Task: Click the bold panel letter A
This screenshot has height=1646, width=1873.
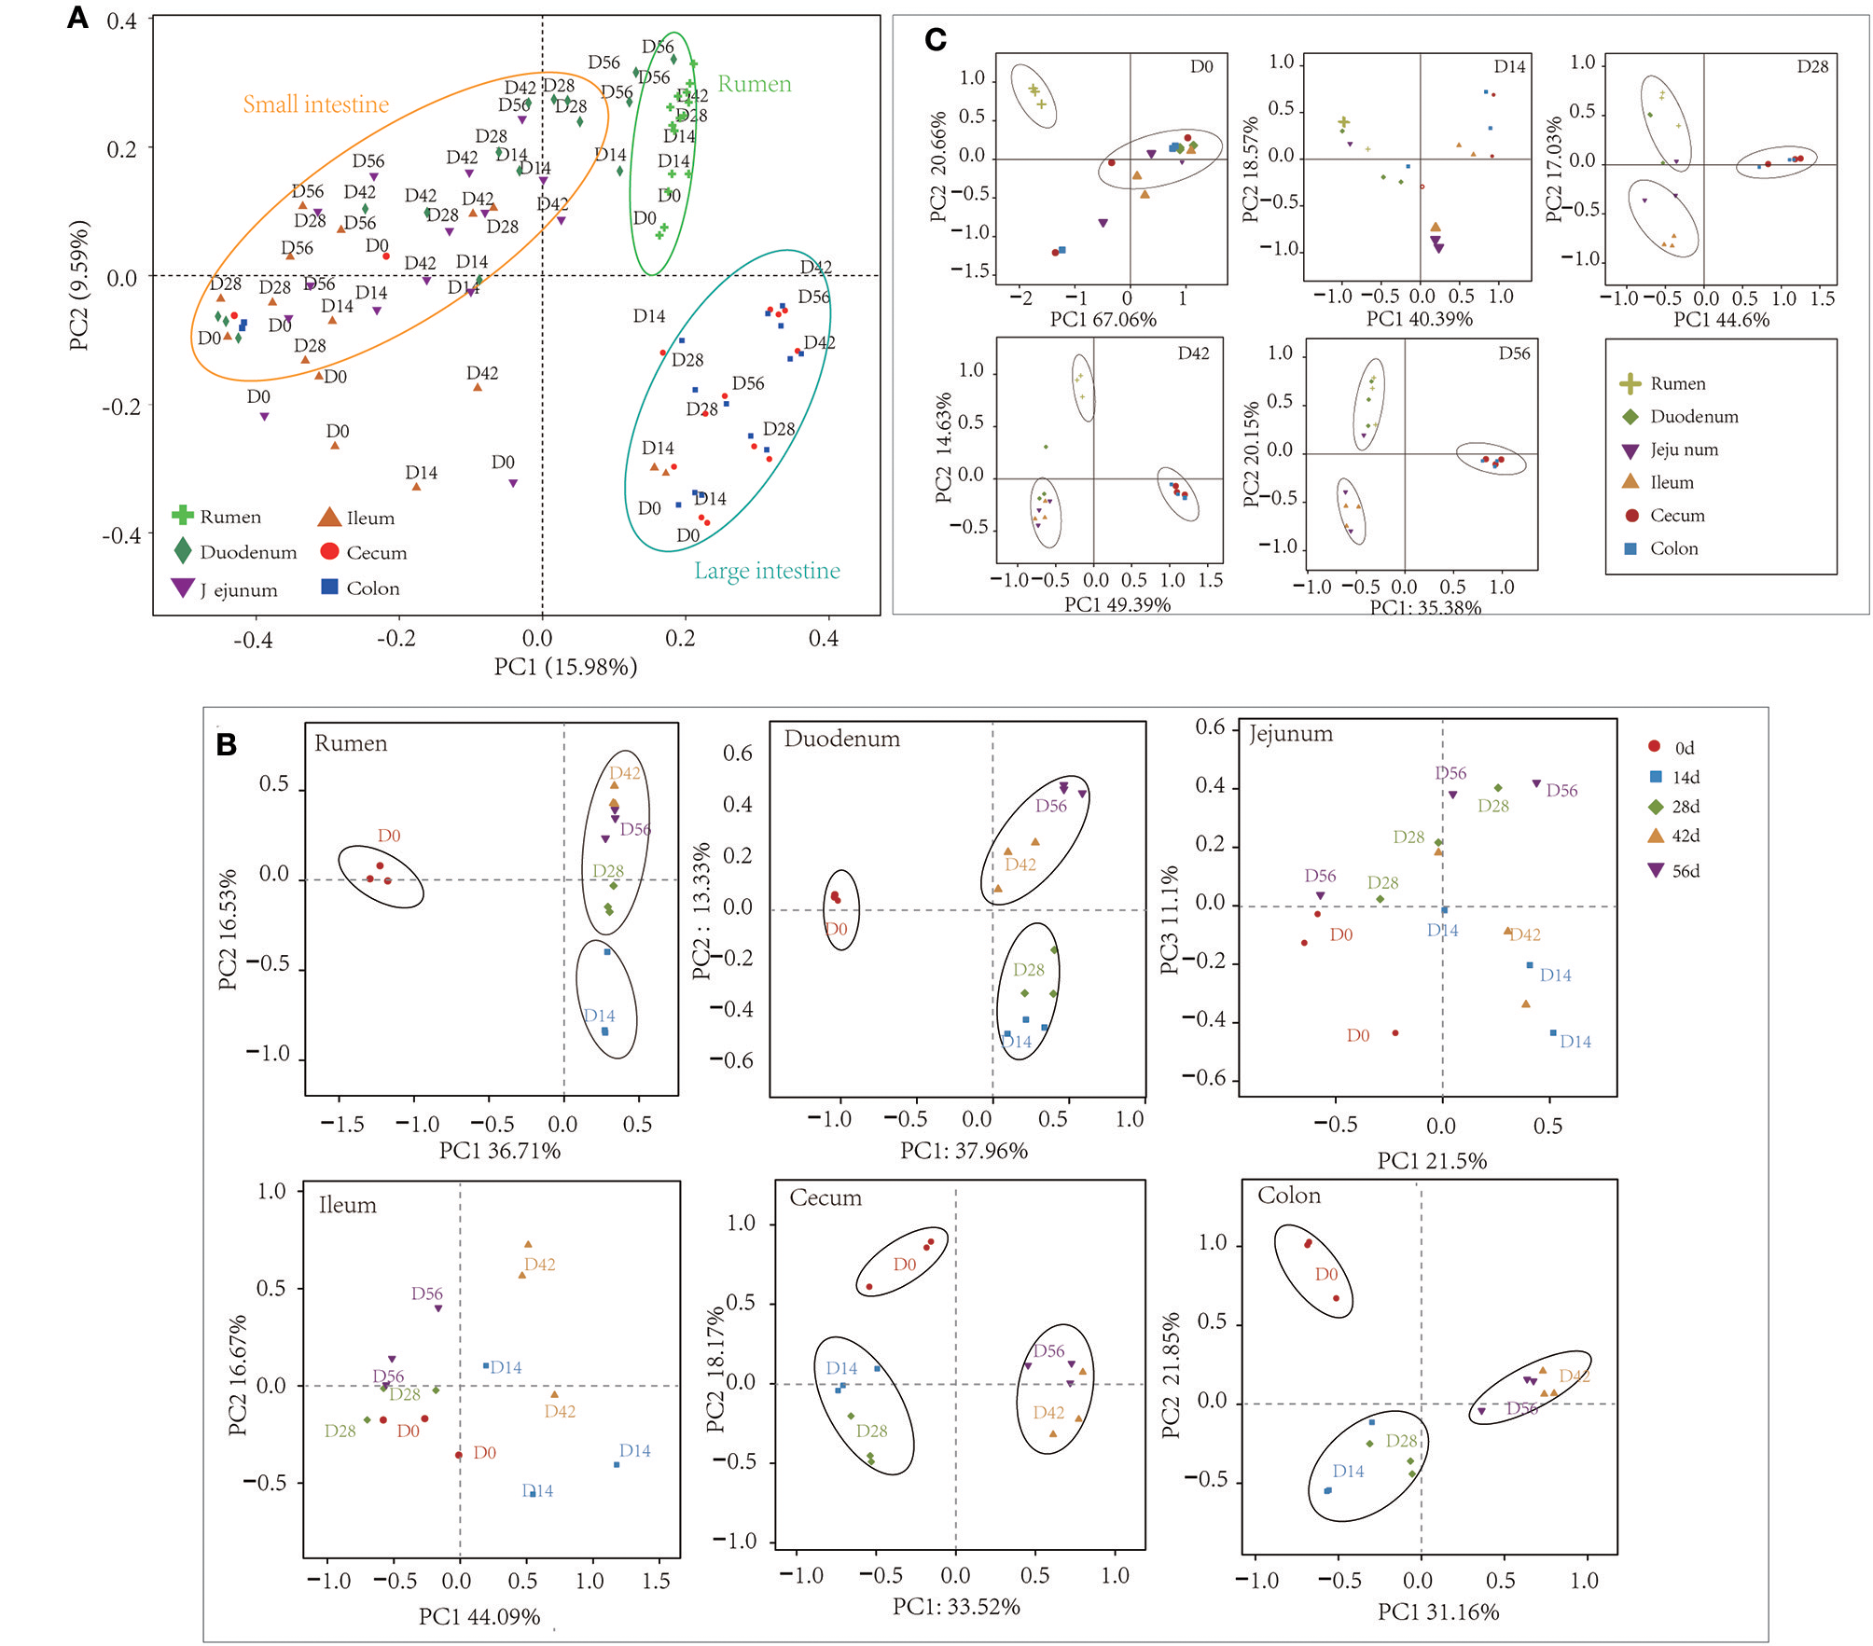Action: [78, 18]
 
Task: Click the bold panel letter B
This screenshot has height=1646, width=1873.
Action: [226, 745]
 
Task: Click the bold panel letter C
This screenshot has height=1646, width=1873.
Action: [936, 39]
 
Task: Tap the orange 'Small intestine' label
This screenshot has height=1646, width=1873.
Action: [315, 104]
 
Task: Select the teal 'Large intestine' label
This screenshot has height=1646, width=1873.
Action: [767, 571]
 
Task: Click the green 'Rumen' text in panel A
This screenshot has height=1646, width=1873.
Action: [754, 84]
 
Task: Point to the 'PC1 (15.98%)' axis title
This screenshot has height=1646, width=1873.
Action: [565, 667]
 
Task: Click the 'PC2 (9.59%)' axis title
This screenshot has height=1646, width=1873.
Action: [79, 285]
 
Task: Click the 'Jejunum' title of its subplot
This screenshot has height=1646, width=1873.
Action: [1291, 734]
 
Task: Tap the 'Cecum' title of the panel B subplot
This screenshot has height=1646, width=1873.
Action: [826, 1197]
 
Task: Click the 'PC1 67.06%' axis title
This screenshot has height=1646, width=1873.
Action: [1103, 320]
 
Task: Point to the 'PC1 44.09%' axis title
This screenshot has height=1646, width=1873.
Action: [479, 1617]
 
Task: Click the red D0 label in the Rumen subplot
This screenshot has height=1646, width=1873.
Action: [389, 836]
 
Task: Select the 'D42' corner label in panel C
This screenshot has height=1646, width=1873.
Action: [1193, 353]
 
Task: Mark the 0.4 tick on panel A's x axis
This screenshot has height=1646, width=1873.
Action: [823, 639]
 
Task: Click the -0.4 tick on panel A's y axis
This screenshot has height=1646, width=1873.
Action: [121, 535]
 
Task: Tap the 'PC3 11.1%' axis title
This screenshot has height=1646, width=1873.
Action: [1169, 920]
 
